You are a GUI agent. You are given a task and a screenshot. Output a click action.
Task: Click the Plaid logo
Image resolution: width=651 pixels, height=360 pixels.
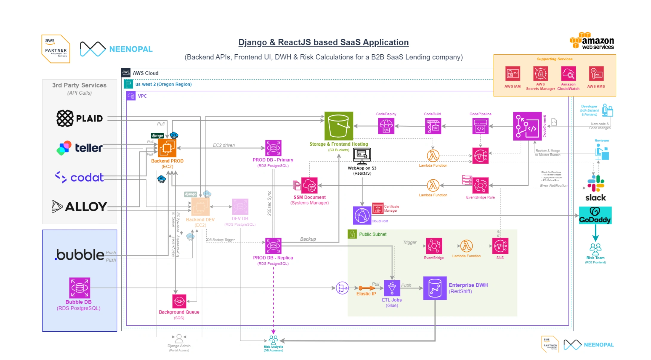79,118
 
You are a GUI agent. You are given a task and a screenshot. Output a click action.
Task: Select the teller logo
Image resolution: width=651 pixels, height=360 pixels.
79,148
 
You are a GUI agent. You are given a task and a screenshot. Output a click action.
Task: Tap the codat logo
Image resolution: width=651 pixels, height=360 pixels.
79,177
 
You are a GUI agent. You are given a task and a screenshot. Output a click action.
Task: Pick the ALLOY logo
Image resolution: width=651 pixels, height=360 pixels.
79,206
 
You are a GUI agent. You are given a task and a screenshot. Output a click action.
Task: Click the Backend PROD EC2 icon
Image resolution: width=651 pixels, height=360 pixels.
167,148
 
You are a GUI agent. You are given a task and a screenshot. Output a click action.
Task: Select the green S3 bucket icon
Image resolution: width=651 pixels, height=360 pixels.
339,126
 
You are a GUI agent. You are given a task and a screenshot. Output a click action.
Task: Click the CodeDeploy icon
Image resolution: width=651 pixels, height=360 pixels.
386,126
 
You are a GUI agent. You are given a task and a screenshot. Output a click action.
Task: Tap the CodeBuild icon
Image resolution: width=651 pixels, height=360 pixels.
433,126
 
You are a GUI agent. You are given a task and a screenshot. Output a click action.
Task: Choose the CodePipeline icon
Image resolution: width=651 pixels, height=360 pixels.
480,126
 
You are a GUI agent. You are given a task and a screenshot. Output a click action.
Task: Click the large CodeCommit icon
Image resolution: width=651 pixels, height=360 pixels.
527,126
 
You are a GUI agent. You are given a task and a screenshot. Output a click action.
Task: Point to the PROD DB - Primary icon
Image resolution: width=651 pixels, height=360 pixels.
273,148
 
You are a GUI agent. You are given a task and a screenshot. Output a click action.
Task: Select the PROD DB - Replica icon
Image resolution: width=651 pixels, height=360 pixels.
273,246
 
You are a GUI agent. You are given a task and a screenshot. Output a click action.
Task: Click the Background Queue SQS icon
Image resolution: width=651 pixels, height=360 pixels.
179,301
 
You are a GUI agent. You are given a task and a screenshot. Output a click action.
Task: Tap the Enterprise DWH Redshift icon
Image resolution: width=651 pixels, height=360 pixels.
435,288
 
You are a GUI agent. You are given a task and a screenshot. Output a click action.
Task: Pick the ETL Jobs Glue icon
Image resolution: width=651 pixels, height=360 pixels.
392,288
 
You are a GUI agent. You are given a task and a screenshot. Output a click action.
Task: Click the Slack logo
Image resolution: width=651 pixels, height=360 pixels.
596,188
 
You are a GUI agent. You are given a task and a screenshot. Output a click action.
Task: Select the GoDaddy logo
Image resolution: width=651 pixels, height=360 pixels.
595,215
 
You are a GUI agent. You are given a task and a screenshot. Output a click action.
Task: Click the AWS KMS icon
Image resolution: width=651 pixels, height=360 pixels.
596,74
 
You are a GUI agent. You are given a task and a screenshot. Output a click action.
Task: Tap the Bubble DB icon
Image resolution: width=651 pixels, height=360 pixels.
79,288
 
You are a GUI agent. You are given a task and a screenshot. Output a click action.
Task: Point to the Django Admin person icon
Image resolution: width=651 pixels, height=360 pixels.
179,339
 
